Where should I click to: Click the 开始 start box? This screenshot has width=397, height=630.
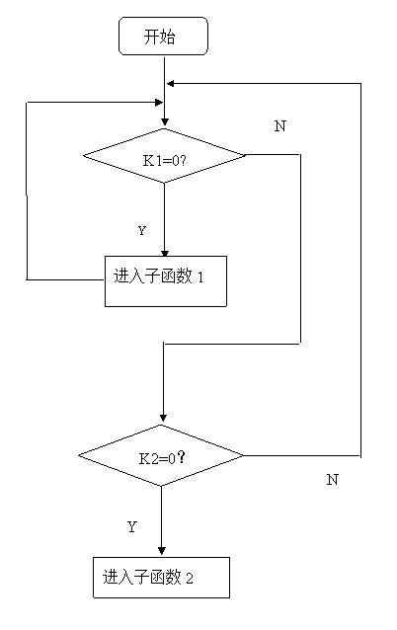163,36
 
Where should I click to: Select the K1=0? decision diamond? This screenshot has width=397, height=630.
164,155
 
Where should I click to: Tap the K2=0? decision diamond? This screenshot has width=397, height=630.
161,455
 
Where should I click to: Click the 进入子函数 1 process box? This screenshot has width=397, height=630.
166,281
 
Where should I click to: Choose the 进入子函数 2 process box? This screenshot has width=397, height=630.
162,578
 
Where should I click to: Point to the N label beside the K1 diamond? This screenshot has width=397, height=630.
280,126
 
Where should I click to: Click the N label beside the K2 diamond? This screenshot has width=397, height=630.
332,479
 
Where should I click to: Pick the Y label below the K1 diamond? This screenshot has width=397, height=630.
142,231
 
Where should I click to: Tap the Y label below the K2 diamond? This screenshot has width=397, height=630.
132,526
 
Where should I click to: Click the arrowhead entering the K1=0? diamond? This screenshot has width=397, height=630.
164,122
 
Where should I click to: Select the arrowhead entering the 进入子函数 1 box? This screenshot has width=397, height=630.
165,253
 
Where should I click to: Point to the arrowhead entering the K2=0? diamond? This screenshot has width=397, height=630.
163,418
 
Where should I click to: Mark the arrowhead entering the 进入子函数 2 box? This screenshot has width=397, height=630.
162,550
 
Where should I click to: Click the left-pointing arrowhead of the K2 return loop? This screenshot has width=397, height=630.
171,84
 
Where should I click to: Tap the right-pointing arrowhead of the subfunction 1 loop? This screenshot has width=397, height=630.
159,103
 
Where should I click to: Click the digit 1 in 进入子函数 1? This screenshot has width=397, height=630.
200,277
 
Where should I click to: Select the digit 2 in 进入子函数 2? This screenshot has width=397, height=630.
190,579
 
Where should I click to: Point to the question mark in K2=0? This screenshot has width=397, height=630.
182,457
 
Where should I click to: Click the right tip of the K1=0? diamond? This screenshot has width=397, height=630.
245,155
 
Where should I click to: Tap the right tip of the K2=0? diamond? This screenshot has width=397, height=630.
244,455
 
